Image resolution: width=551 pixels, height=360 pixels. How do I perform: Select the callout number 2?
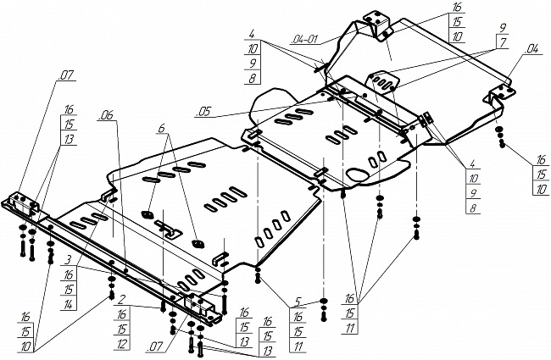[x=122, y=299]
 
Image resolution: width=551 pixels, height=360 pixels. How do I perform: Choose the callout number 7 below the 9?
[x=502, y=42]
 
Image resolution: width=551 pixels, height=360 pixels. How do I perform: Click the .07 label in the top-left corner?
[x=65, y=76]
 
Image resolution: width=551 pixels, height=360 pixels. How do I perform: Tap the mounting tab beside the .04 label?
[x=499, y=91]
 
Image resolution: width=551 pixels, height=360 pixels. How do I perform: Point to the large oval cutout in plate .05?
[x=359, y=174]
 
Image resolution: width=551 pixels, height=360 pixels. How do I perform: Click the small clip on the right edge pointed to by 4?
[x=428, y=118]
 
